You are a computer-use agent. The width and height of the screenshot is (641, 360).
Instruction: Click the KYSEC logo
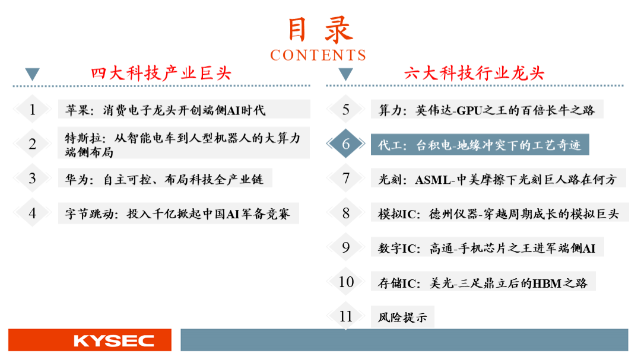click(113, 340)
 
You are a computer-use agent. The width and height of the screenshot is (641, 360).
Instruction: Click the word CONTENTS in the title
click(318, 55)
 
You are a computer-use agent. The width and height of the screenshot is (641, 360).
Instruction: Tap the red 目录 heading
click(320, 30)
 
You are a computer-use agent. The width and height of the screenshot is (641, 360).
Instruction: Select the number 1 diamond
click(32, 109)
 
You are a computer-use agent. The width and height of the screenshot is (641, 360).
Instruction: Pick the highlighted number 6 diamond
click(346, 144)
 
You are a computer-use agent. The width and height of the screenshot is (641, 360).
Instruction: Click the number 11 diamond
click(346, 316)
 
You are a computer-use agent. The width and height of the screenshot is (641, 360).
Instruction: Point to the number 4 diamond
click(32, 213)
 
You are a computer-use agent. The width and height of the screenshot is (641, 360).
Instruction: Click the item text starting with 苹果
click(165, 110)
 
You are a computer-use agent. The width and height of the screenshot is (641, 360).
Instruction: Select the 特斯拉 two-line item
click(183, 144)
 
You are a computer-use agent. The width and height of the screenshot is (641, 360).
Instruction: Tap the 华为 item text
click(164, 179)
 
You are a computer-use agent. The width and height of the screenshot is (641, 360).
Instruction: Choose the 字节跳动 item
click(177, 214)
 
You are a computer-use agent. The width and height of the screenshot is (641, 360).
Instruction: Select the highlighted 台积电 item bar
click(480, 144)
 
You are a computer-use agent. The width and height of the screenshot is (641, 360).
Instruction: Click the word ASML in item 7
click(433, 179)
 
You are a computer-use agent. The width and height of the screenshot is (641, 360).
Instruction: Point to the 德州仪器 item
click(499, 214)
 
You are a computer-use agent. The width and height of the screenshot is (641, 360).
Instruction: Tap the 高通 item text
click(487, 248)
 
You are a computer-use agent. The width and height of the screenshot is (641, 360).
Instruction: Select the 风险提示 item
click(402, 317)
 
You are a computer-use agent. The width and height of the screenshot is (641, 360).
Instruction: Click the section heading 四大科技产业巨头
click(161, 74)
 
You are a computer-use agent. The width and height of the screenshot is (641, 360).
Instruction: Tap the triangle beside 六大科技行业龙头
click(346, 74)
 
